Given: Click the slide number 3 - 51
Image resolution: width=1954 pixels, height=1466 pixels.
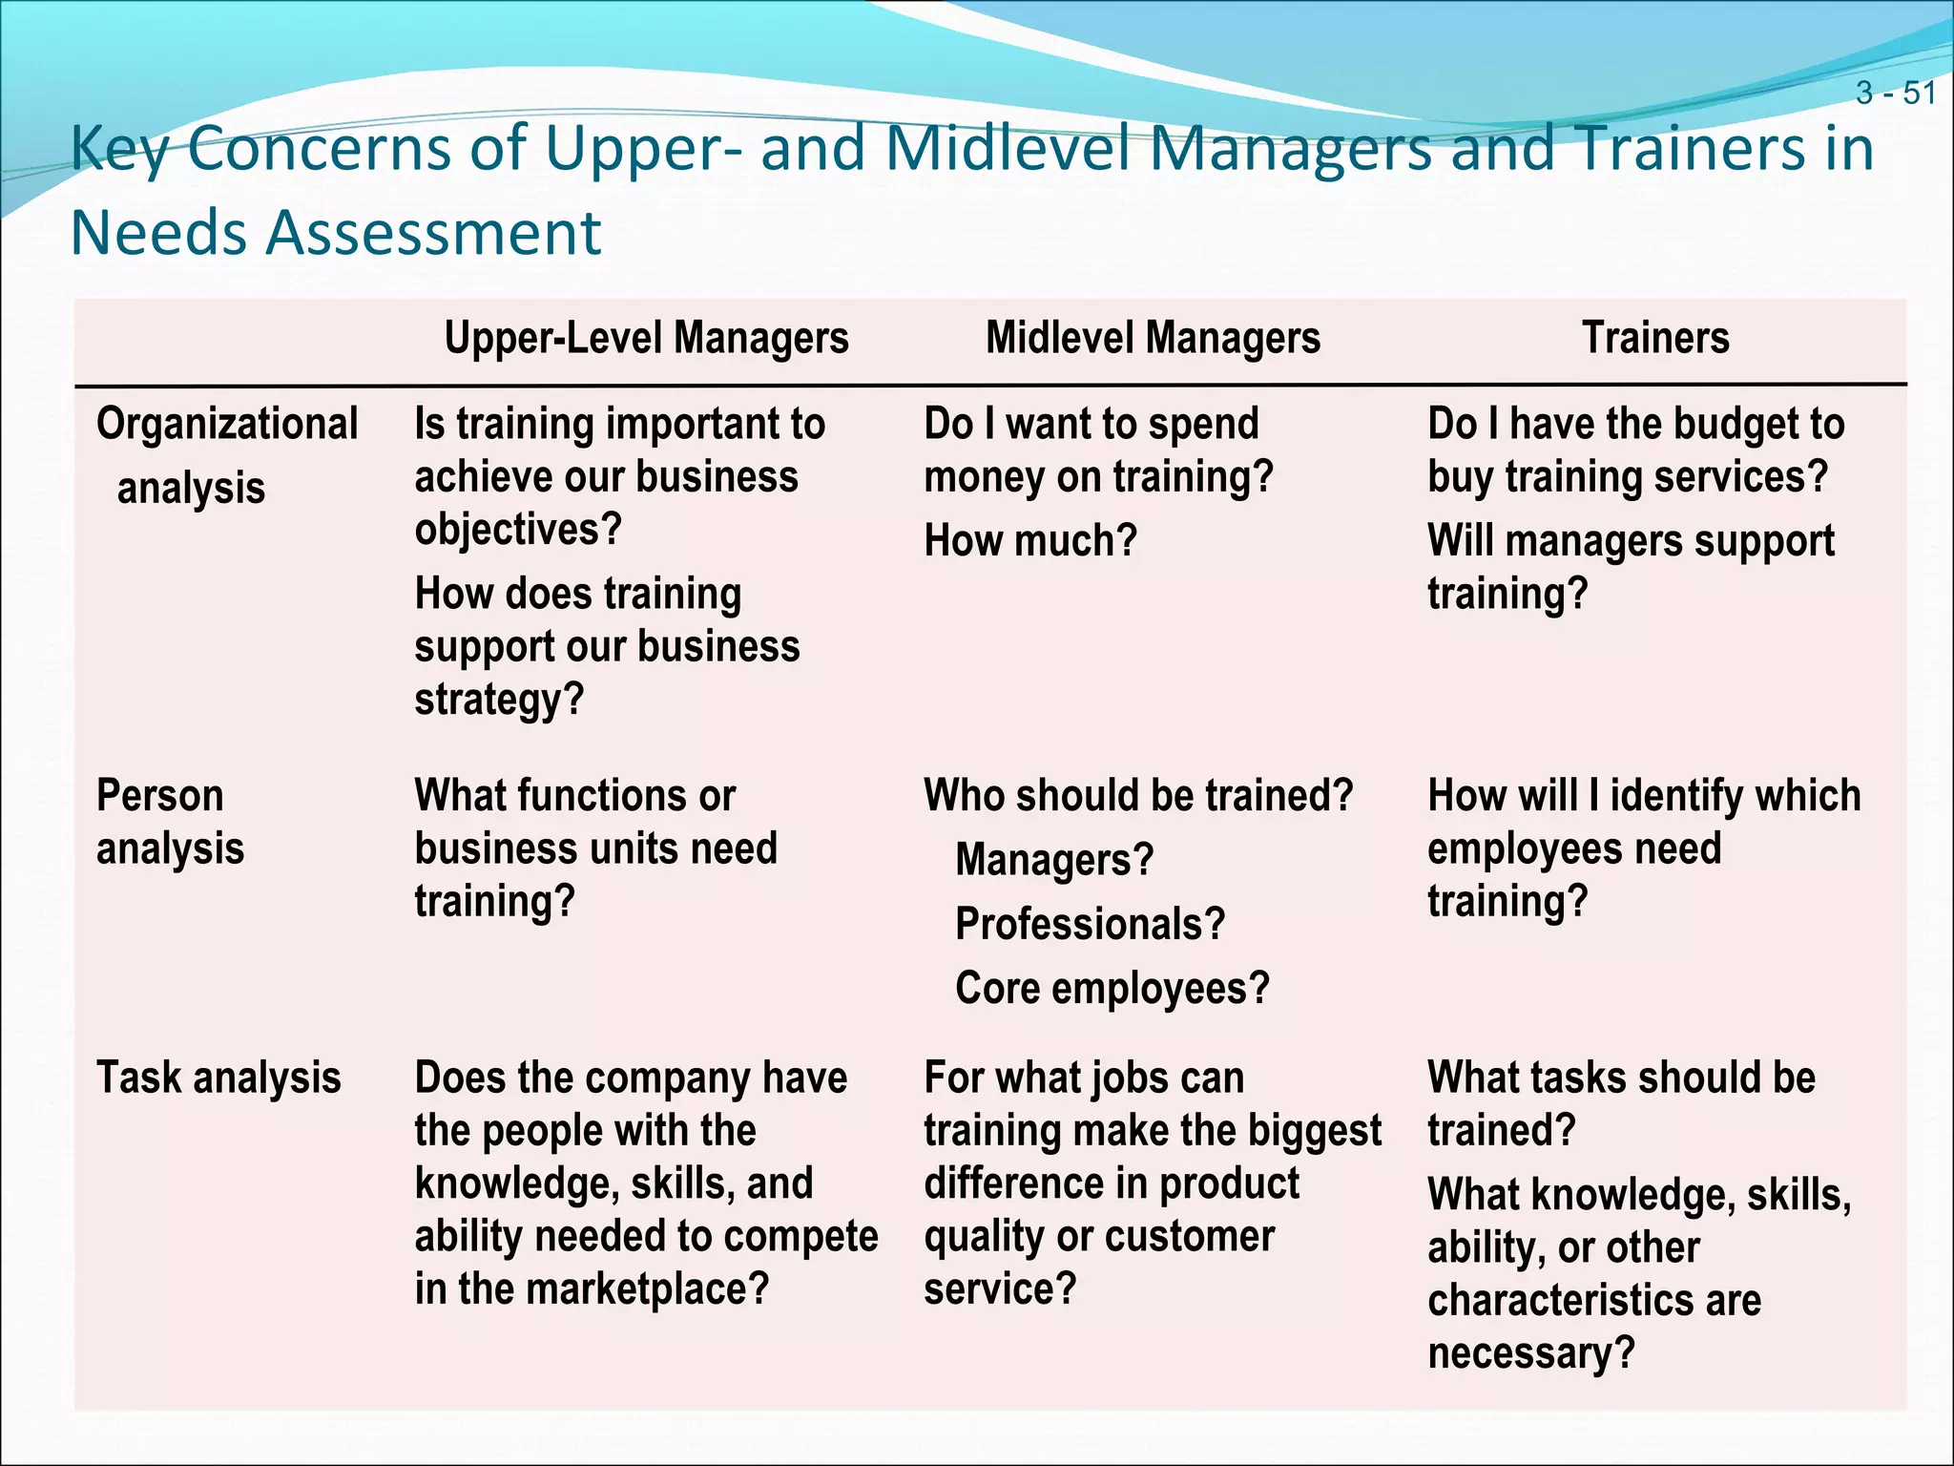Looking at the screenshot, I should tap(1896, 94).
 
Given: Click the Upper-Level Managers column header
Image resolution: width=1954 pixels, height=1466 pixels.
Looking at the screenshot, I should tap(647, 338).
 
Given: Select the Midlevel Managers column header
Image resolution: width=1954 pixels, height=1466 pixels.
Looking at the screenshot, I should tap(1153, 338).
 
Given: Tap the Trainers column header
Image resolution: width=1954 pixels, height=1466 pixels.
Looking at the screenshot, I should tap(1655, 338).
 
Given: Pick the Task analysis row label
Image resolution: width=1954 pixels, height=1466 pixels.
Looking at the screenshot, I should tap(218, 1079).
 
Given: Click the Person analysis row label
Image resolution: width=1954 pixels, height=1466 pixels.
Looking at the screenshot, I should tap(170, 822).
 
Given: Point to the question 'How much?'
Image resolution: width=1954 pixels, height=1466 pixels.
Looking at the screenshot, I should tap(1030, 541).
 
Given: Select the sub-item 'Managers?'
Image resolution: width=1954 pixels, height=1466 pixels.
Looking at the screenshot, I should tap(1054, 860).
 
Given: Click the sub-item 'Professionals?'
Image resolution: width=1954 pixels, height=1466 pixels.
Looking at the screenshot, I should tap(1090, 924).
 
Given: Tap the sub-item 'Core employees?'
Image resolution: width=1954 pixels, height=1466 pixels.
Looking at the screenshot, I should tap(1112, 989).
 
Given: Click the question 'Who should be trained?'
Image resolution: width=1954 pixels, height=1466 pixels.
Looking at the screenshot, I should tap(1138, 796).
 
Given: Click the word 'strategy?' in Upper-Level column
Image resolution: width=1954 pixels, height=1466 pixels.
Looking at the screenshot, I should tap(499, 700).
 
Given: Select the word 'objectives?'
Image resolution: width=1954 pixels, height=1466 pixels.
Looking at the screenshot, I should tap(518, 530).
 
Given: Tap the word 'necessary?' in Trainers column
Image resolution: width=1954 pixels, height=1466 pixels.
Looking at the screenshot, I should tap(1531, 1353).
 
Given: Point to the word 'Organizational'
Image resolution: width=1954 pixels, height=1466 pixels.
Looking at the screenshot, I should tap(227, 424).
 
